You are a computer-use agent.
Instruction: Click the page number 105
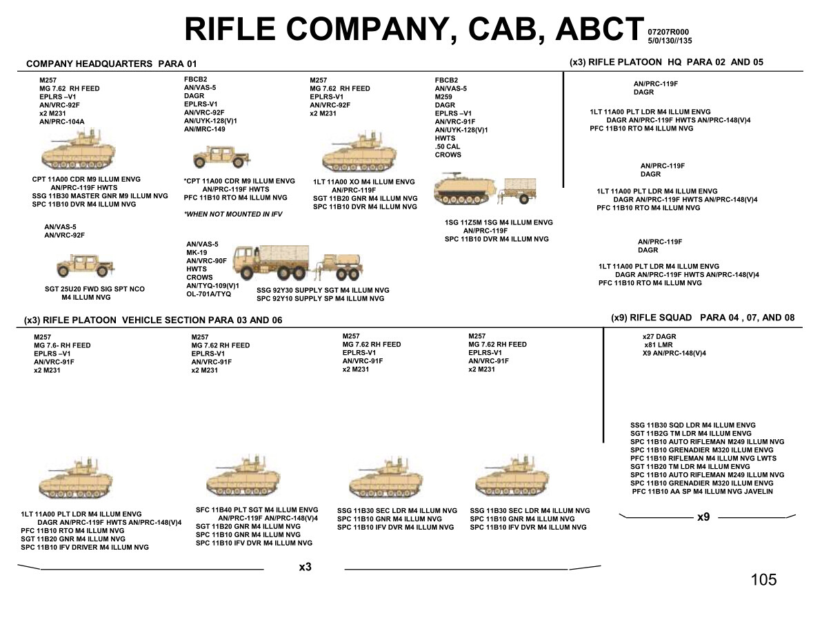tap(763, 579)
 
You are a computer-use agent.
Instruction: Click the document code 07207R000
tap(668, 32)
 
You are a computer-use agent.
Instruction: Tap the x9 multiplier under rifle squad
tap(703, 517)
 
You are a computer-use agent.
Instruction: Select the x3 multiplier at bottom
tap(305, 567)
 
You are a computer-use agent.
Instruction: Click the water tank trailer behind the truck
tap(340, 267)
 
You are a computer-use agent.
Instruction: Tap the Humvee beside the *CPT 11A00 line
tap(220, 157)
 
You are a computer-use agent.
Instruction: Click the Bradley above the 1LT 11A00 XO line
tap(359, 153)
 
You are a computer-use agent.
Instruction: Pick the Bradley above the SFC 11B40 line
tap(243, 476)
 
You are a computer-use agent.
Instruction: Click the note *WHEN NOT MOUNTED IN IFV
tap(233, 214)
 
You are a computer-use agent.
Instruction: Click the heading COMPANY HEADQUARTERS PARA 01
tap(112, 64)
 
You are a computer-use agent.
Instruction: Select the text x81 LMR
tap(659, 345)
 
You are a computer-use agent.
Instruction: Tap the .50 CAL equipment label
tap(447, 146)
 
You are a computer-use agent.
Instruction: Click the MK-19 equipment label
tap(197, 253)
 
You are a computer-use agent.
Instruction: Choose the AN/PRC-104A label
tap(62, 122)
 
